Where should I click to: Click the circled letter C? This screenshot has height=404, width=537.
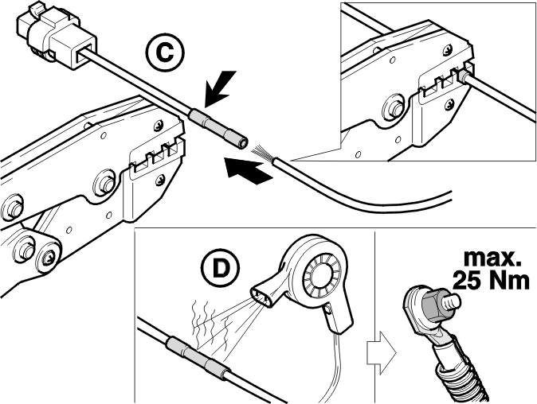coord(165,53)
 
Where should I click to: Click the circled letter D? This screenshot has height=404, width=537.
coord(220,269)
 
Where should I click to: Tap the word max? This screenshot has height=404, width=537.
coord(492,258)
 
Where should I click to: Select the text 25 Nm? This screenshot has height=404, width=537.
coord(491,281)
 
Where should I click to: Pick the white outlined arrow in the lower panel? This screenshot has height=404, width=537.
coord(381,353)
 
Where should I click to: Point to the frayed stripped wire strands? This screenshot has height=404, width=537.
coord(263,153)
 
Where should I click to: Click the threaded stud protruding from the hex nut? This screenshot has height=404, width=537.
coord(452,301)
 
